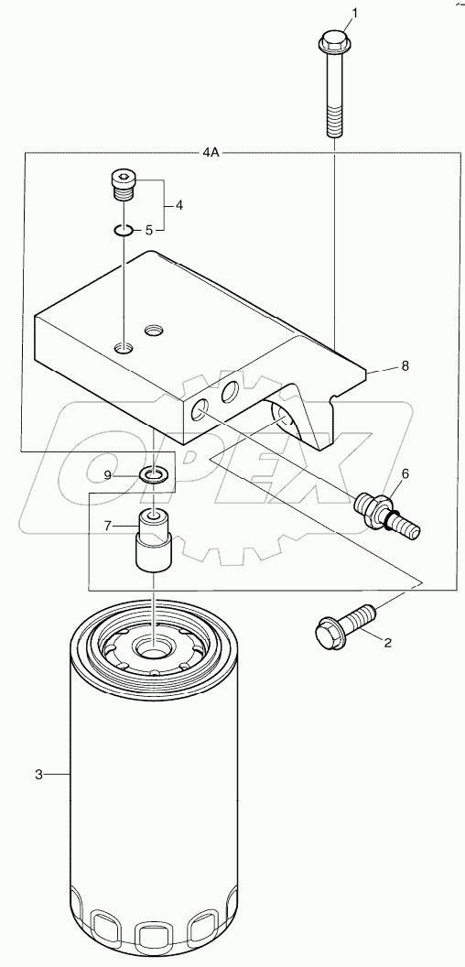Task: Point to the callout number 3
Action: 38,775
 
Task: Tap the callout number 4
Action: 179,205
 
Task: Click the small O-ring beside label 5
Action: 124,230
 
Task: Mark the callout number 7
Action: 107,527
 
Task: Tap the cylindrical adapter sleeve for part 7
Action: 153,541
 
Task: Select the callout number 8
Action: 404,365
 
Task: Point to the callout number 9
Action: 107,474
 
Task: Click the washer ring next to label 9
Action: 152,474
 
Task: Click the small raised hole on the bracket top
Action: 154,328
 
